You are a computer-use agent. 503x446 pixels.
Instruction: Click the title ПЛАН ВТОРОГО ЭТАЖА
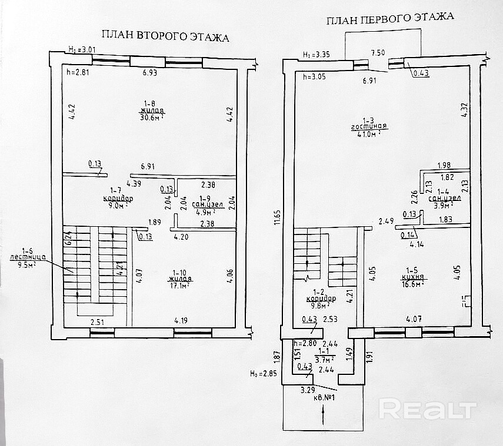tap(165, 37)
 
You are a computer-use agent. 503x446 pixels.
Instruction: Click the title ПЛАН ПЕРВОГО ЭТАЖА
tap(390, 19)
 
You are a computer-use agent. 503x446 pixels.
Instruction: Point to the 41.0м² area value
tap(369, 133)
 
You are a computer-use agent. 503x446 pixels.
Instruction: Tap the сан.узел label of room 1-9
tap(205, 205)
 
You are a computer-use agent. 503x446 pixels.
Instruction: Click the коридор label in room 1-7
tap(118, 199)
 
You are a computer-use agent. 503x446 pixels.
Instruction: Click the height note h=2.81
tap(77, 73)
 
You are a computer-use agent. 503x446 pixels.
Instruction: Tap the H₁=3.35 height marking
tap(315, 55)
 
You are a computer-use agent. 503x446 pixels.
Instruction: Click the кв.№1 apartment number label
tap(324, 397)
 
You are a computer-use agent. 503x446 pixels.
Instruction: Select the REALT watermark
tap(427, 408)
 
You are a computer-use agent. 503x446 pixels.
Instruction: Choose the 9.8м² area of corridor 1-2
tap(320, 305)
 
